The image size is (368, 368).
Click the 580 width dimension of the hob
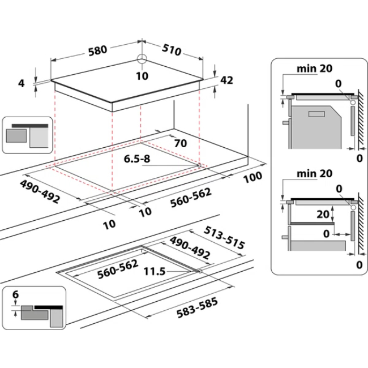click(97, 50)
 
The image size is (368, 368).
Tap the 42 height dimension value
click(226, 80)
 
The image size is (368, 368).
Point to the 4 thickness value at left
click(22, 83)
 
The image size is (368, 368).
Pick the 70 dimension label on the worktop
click(181, 143)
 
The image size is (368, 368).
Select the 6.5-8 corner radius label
click(138, 160)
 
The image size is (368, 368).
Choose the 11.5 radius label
click(155, 272)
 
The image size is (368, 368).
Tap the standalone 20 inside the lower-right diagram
click(323, 215)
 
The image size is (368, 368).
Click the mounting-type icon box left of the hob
click(27, 135)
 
